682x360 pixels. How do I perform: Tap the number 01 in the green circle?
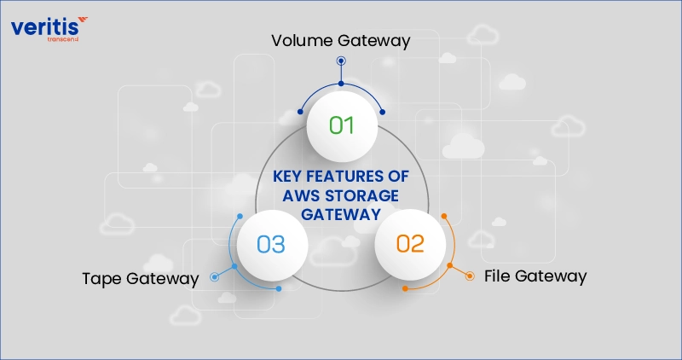pyautogui.click(x=341, y=125)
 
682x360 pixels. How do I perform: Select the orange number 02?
pyautogui.click(x=409, y=243)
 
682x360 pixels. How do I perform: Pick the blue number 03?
pyautogui.click(x=270, y=244)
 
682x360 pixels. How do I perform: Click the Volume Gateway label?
pyautogui.click(x=341, y=39)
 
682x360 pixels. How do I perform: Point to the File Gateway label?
pyautogui.click(x=535, y=276)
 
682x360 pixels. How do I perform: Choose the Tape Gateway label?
pyautogui.click(x=141, y=278)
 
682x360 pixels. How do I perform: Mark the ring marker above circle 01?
pyautogui.click(x=341, y=61)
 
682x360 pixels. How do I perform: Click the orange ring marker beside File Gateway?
pyautogui.click(x=470, y=276)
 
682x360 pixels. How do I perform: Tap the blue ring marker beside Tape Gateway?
pyautogui.click(x=213, y=276)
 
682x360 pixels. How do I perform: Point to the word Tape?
pyautogui.click(x=102, y=278)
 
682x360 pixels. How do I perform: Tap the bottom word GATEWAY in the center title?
pyautogui.click(x=341, y=215)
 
